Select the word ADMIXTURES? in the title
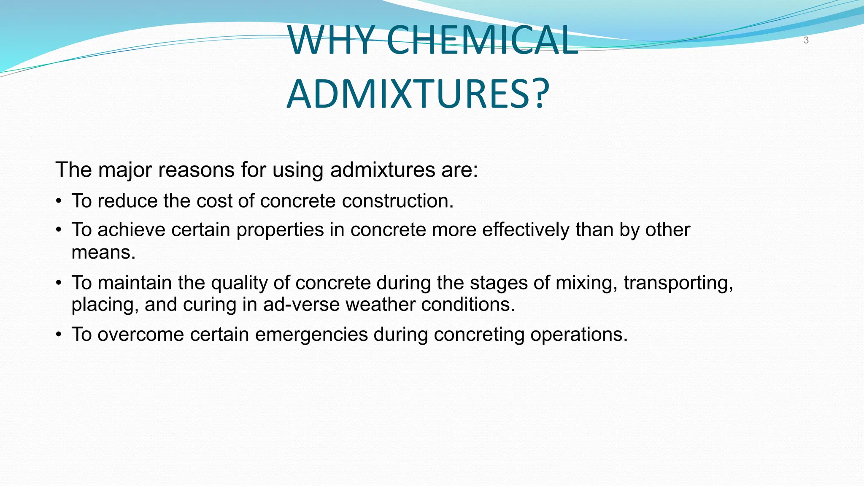click(418, 94)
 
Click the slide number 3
click(806, 40)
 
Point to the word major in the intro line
click(125, 170)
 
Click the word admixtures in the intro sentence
click(383, 170)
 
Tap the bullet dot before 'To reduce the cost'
click(59, 201)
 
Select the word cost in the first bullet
click(215, 201)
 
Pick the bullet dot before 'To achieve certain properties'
click(59, 230)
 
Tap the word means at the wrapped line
click(103, 253)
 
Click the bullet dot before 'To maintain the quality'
click(59, 283)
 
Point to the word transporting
click(678, 283)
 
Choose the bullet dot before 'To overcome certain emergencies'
click(59, 335)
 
